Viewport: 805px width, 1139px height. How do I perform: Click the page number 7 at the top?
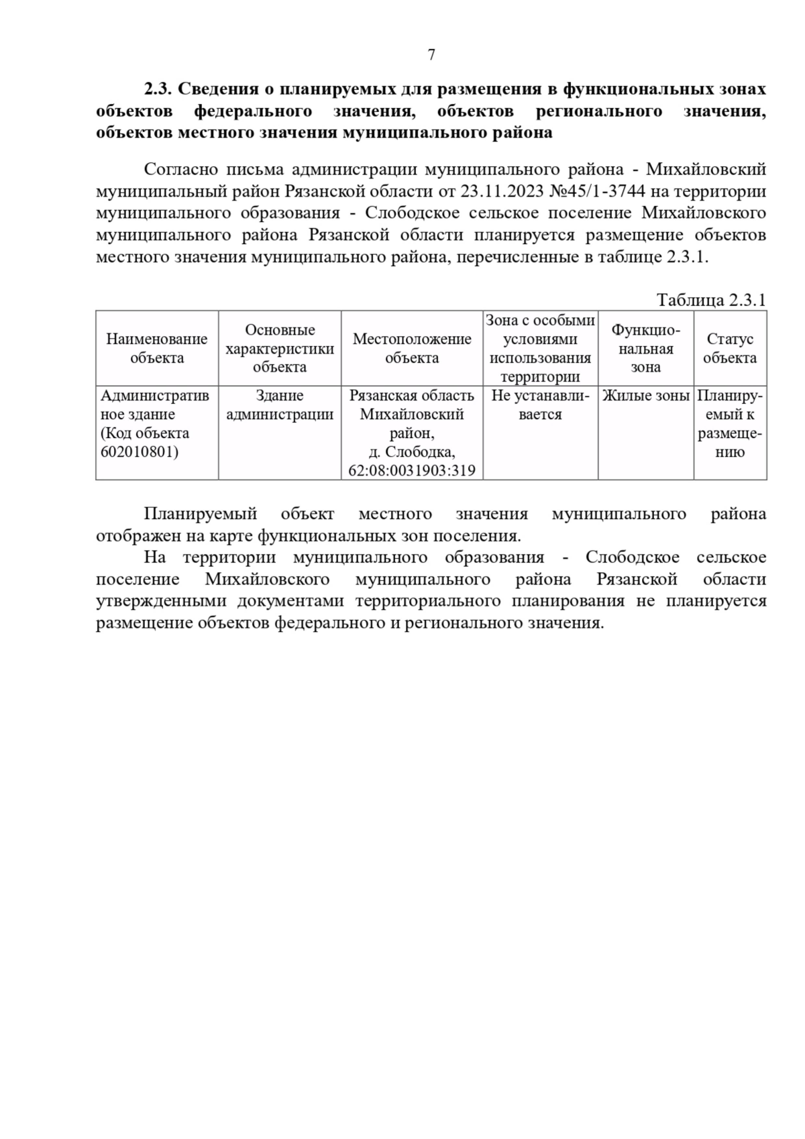click(x=431, y=55)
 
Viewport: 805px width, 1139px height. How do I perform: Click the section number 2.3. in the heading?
click(x=158, y=89)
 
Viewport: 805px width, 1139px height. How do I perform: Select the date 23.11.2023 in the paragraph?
click(x=502, y=191)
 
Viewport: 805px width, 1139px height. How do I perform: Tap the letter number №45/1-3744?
click(x=598, y=191)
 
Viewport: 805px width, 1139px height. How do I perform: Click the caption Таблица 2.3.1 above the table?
click(x=711, y=299)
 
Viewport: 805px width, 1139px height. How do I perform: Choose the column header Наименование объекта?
click(x=157, y=348)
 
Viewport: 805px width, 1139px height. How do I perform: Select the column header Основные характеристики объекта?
click(x=280, y=348)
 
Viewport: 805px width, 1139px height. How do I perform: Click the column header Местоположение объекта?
click(x=412, y=348)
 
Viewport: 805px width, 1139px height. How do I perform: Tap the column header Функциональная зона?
click(x=645, y=348)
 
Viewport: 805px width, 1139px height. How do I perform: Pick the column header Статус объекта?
click(x=730, y=348)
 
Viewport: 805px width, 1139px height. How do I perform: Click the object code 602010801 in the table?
click(x=140, y=451)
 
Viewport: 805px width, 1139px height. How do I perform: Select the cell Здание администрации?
click(x=280, y=405)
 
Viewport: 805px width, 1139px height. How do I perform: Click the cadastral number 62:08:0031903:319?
click(x=412, y=470)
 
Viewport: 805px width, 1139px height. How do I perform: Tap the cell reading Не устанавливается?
click(x=540, y=405)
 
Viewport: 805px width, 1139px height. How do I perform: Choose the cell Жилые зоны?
click(x=645, y=396)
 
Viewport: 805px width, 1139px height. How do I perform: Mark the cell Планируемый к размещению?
click(x=730, y=424)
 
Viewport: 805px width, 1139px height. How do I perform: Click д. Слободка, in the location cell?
click(x=412, y=451)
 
